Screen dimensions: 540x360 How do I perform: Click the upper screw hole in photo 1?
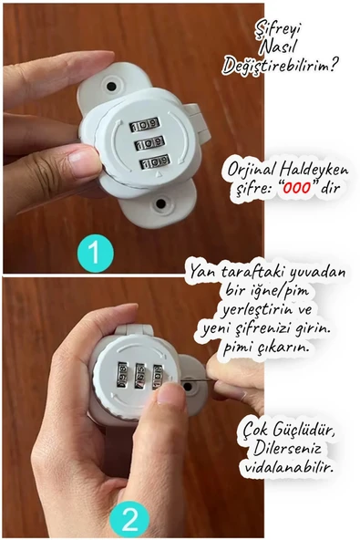coord(111,85)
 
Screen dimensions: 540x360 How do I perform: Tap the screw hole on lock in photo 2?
coord(190,386)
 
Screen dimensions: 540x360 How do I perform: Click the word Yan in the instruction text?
coord(200,271)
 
